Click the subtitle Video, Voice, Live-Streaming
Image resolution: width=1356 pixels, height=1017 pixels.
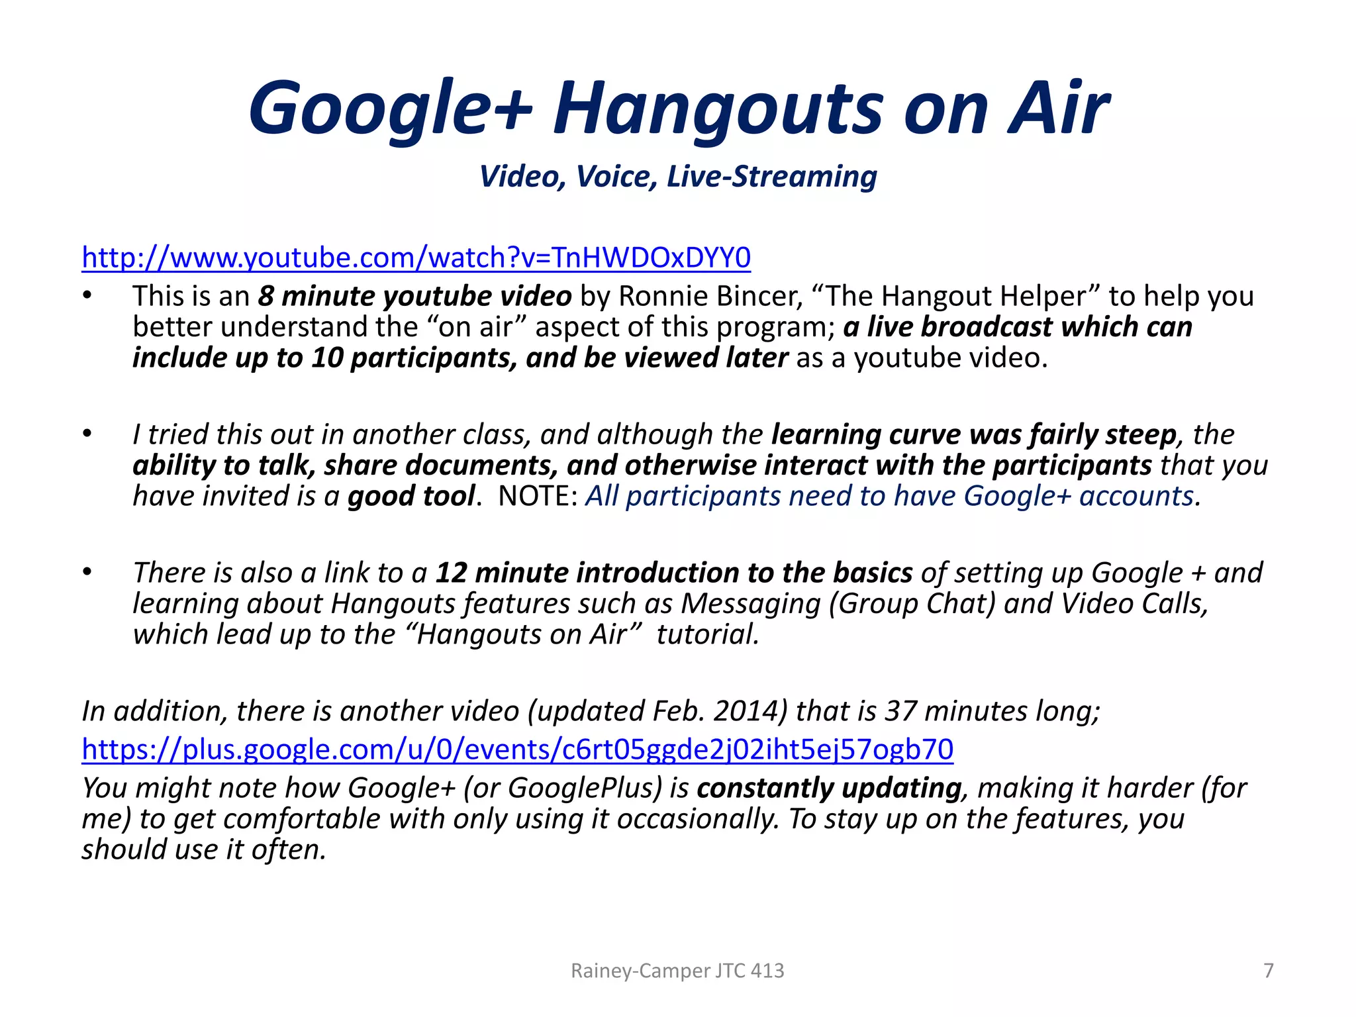678,176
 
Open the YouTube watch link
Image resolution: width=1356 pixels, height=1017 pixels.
416,258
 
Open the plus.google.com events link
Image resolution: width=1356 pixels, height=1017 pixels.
517,750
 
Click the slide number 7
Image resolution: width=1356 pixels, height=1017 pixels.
1269,971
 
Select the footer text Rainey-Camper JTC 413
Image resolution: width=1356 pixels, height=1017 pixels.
677,971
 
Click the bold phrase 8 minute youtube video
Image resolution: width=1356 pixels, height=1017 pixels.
414,297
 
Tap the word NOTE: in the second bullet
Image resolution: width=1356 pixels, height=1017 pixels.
538,496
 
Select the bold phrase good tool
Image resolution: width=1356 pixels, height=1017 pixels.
411,496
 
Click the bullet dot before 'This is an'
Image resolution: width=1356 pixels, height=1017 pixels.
87,296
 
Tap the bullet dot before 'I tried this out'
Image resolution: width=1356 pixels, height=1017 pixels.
87,434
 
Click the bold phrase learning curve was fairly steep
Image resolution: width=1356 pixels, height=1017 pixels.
973,435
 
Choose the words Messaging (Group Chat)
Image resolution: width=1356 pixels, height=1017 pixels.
838,604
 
